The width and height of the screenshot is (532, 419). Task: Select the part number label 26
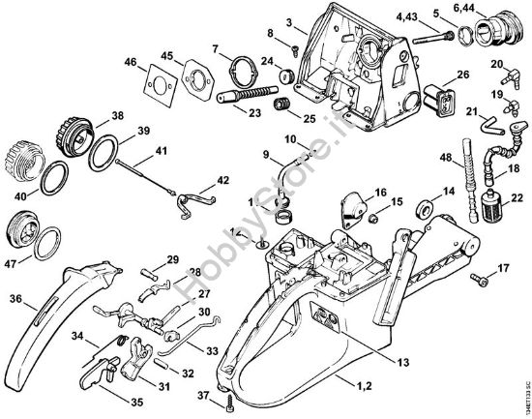pos(462,75)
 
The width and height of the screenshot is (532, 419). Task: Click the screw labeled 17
pos(475,279)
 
